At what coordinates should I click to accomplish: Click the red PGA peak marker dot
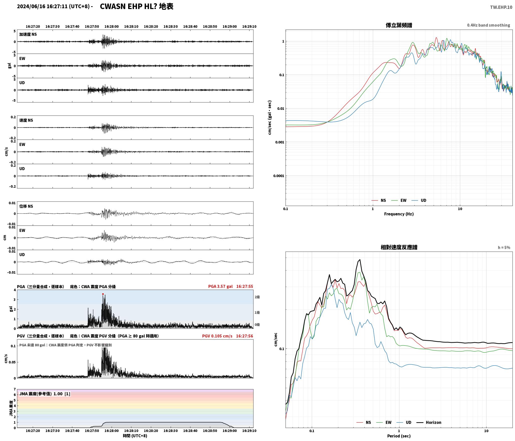[103, 294]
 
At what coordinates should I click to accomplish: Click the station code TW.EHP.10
[501, 7]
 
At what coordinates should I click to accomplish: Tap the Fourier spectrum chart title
[399, 25]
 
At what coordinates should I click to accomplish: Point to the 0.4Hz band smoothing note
[488, 25]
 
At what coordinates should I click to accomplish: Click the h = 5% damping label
[504, 248]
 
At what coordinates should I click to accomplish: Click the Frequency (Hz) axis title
[399, 214]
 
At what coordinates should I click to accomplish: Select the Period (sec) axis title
[399, 436]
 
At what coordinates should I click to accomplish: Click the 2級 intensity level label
[257, 297]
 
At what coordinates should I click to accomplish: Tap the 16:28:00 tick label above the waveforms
[112, 27]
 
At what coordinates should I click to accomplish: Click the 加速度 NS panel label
[28, 34]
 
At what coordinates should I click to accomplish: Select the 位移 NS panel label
[26, 206]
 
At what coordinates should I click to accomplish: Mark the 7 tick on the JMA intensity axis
[15, 389]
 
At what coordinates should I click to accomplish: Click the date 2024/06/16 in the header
[31, 7]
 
